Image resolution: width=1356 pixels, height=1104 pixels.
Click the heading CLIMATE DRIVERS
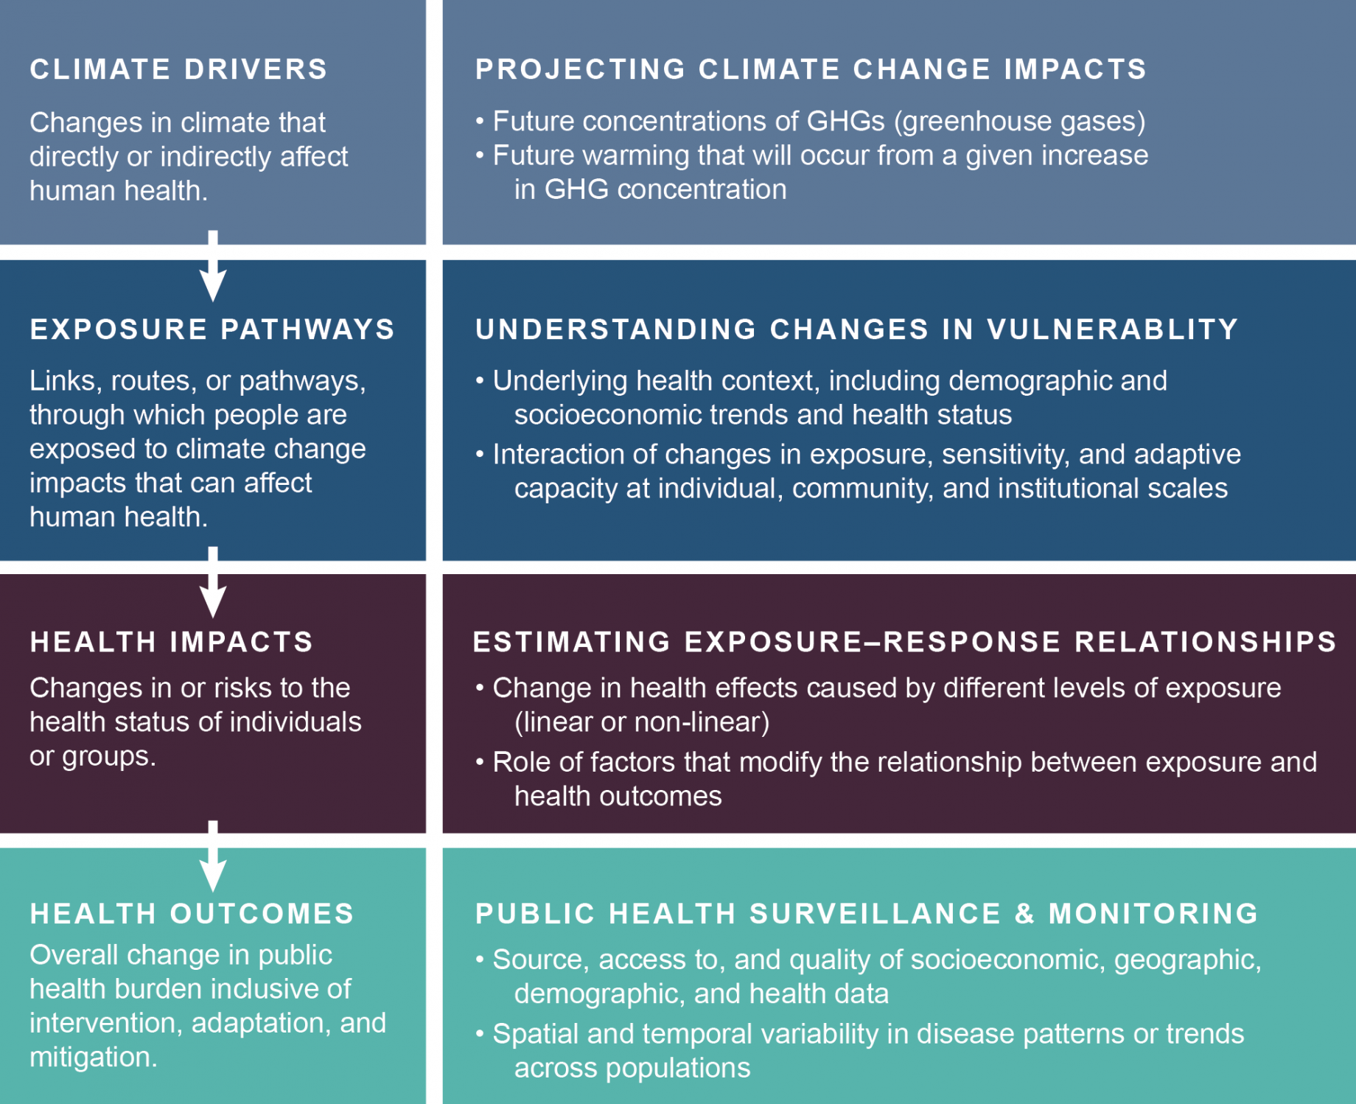click(178, 69)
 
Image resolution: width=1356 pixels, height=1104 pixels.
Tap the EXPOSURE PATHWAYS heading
click(212, 329)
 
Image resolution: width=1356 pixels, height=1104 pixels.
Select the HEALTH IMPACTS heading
click(172, 642)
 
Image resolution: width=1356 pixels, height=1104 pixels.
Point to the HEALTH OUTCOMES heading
click(192, 914)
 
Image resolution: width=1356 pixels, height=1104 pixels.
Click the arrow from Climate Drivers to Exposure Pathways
click(213, 266)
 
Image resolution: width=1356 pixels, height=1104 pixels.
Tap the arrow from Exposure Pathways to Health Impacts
click(213, 582)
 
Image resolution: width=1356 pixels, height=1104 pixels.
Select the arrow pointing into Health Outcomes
click(213, 856)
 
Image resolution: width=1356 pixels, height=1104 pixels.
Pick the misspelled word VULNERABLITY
click(1113, 329)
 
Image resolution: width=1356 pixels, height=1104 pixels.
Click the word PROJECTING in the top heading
click(581, 69)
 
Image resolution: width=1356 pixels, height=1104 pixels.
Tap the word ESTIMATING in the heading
click(572, 642)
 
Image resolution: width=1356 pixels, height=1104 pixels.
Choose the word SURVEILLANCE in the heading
click(876, 914)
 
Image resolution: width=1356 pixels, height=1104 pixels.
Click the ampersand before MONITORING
click(1025, 914)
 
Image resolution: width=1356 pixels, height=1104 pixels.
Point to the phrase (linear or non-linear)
click(642, 722)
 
